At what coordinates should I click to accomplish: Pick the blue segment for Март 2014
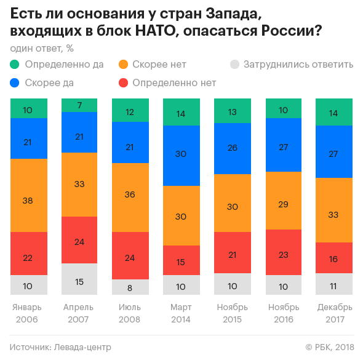(181, 155)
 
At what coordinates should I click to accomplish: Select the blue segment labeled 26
(232, 148)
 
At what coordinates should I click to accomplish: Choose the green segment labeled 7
(79, 105)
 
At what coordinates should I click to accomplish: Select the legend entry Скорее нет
(159, 64)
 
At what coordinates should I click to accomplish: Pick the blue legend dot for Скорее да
(15, 82)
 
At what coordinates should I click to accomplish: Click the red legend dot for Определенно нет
(123, 82)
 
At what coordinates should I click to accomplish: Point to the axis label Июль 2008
(130, 313)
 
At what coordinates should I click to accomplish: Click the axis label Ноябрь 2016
(283, 313)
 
